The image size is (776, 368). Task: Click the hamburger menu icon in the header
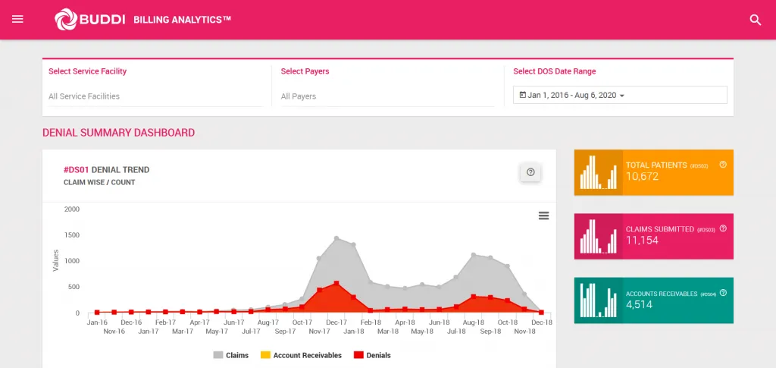pyautogui.click(x=18, y=20)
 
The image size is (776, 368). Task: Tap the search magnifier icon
pyautogui.click(x=755, y=20)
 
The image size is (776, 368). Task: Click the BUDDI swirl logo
pyautogui.click(x=65, y=20)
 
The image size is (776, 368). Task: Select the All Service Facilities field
pyautogui.click(x=155, y=96)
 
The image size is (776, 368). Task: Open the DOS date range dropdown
pyautogui.click(x=620, y=95)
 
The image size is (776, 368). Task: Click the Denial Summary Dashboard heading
pyautogui.click(x=118, y=133)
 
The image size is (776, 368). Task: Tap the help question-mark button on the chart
pyautogui.click(x=530, y=172)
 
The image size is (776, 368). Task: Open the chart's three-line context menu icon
pyautogui.click(x=543, y=215)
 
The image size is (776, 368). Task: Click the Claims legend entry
pyautogui.click(x=230, y=355)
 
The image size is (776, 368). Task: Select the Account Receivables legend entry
pyautogui.click(x=301, y=355)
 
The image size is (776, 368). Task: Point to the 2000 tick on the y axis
pyautogui.click(x=72, y=209)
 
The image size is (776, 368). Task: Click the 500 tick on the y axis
pyautogui.click(x=74, y=287)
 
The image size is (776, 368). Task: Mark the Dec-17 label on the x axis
pyautogui.click(x=336, y=322)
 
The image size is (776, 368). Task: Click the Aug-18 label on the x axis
pyautogui.click(x=473, y=322)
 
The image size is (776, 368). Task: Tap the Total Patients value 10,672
pyautogui.click(x=642, y=177)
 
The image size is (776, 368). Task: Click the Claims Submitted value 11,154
pyautogui.click(x=642, y=241)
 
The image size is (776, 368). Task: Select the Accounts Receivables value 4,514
pyautogui.click(x=639, y=305)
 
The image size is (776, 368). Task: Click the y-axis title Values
pyautogui.click(x=56, y=260)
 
